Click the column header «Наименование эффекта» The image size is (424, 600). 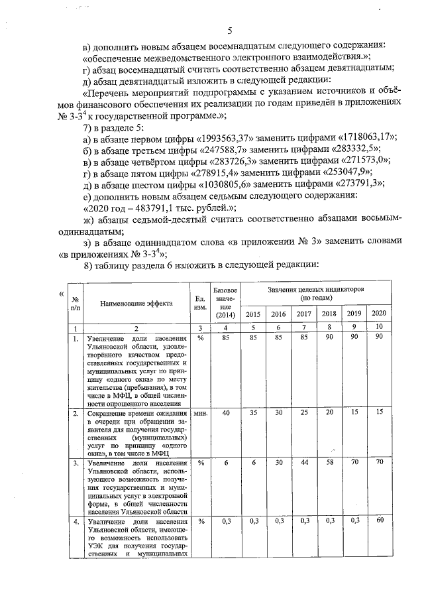click(x=136, y=303)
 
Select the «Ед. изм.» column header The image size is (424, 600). click(x=198, y=303)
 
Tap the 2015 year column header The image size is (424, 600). click(x=252, y=314)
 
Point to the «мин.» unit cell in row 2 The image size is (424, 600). click(x=198, y=413)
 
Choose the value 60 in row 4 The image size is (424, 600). click(x=378, y=520)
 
